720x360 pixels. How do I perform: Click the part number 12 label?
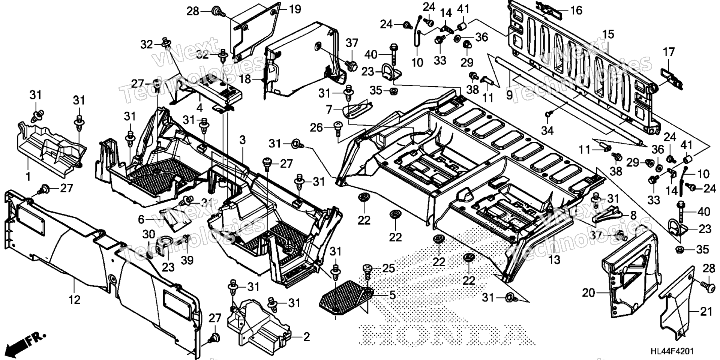(75, 300)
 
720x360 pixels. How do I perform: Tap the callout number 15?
(608, 34)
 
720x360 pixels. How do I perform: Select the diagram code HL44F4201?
(672, 351)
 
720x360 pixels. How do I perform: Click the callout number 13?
(554, 259)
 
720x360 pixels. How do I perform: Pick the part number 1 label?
(28, 175)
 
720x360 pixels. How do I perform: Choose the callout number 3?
(243, 140)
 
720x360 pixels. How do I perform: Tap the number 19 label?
(295, 9)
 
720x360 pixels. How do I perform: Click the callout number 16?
(576, 10)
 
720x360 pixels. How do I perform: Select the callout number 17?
(669, 52)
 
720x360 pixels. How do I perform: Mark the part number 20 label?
(589, 293)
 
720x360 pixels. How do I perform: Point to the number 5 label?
(392, 295)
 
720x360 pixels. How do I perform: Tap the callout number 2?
(307, 337)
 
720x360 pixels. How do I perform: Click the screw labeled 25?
(367, 271)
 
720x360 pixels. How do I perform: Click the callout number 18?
(245, 79)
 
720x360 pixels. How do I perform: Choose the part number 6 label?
(141, 219)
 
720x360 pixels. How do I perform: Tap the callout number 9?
(509, 95)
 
